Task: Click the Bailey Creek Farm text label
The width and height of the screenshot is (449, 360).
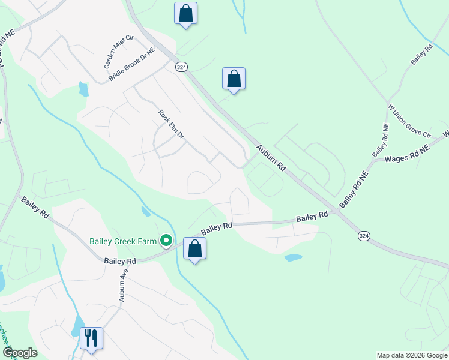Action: point(124,242)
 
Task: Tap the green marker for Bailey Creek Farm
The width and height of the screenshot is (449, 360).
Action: point(167,242)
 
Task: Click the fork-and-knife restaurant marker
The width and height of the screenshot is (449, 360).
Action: point(91,338)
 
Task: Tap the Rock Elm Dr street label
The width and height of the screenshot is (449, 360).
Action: point(171,125)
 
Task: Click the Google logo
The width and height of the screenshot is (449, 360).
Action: point(19,353)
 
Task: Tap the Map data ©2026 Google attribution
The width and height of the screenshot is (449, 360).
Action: point(412,355)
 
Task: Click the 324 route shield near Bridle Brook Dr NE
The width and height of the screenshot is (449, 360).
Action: point(181,67)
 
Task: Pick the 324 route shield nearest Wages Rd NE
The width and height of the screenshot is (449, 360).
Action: point(363,236)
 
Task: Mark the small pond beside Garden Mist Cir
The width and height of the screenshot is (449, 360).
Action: point(83,89)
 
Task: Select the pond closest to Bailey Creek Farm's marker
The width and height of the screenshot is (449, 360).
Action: point(146,211)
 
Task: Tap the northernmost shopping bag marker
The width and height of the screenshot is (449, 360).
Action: point(185,13)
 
